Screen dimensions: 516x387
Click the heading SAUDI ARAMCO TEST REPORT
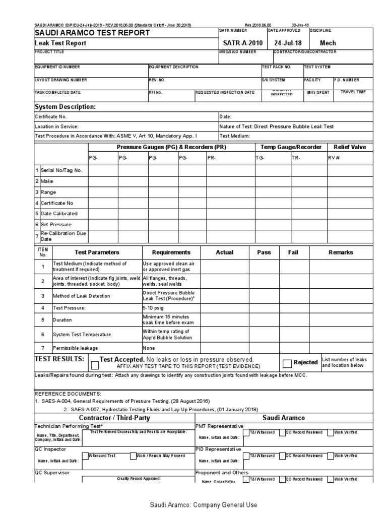click(x=92, y=33)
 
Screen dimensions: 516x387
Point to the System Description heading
click(x=64, y=107)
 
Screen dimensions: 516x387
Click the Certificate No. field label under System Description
click(x=50, y=117)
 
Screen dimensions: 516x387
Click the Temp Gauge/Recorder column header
click(x=291, y=147)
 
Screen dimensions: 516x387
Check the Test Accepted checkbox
click(x=95, y=365)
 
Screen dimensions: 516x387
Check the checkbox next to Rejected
click(x=287, y=363)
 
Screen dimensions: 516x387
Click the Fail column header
click(x=293, y=252)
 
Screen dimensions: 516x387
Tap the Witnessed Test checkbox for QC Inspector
click(x=85, y=456)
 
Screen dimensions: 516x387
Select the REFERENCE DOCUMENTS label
click(x=68, y=393)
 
